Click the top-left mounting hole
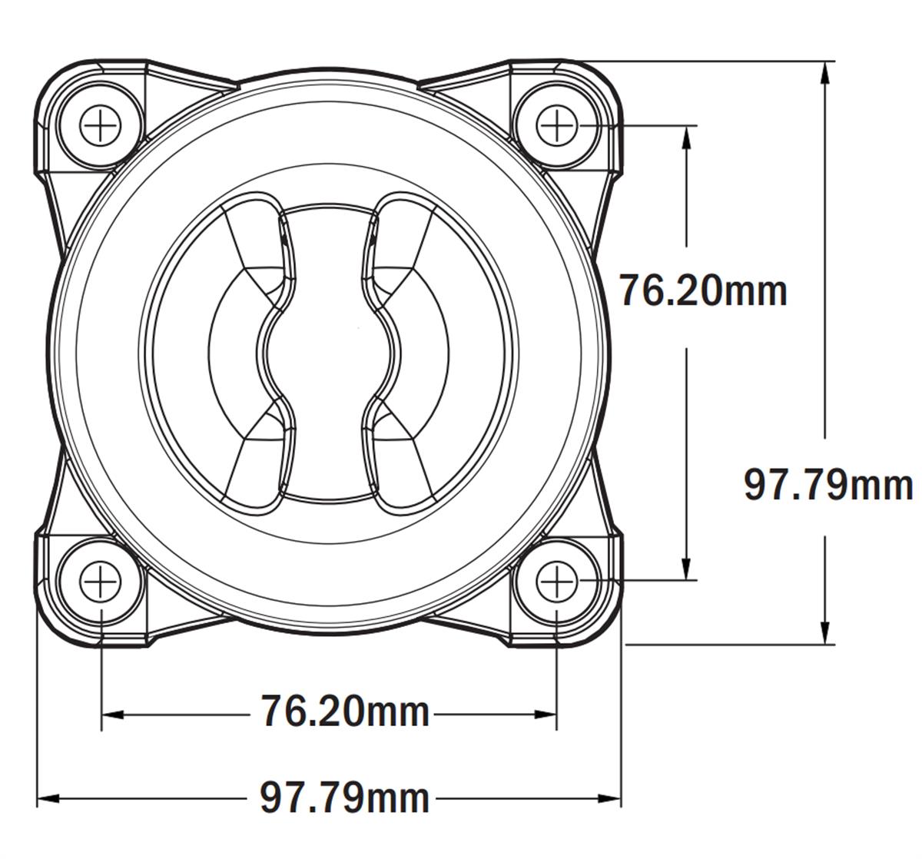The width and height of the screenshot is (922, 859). coord(101,124)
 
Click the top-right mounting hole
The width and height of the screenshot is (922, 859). coord(556,124)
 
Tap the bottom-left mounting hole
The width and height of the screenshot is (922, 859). coord(101,582)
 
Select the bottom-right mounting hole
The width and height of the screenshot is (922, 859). coord(556,582)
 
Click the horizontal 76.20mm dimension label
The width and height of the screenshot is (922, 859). coord(344,711)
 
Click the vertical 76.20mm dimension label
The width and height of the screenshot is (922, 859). coord(703,290)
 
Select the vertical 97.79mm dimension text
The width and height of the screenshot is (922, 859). coord(828,486)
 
